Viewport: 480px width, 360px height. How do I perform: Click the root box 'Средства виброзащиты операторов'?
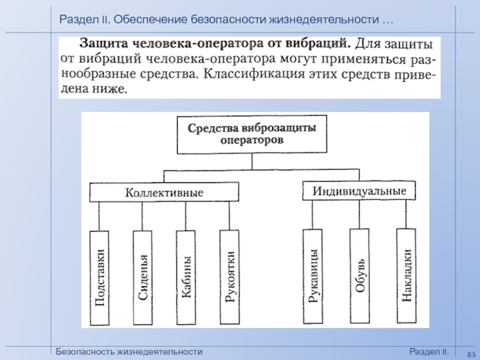pos(252,134)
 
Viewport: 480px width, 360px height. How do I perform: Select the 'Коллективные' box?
pos(164,192)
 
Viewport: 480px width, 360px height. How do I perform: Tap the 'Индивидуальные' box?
pos(359,191)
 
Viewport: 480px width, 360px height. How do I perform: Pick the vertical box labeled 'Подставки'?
pos(100,278)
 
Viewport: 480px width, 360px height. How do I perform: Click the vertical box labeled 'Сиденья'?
pos(143,278)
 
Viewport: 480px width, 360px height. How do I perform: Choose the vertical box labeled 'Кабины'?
pos(186,277)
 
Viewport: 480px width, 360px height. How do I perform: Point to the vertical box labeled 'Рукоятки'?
pos(230,277)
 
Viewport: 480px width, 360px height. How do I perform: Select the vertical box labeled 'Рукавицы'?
pos(313,276)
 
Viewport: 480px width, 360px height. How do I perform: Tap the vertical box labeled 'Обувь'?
pos(359,276)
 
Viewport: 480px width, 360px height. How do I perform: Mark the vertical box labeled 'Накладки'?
pos(407,275)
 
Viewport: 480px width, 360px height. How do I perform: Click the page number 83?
pos(471,355)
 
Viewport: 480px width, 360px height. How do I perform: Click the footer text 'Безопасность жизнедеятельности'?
pos(129,352)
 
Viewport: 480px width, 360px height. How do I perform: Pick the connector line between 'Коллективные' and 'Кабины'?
pos(185,216)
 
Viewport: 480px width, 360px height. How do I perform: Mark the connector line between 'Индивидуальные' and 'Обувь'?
pos(359,214)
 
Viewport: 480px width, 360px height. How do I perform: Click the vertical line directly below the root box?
pos(252,161)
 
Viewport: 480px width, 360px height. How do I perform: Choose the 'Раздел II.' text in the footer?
pos(429,352)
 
